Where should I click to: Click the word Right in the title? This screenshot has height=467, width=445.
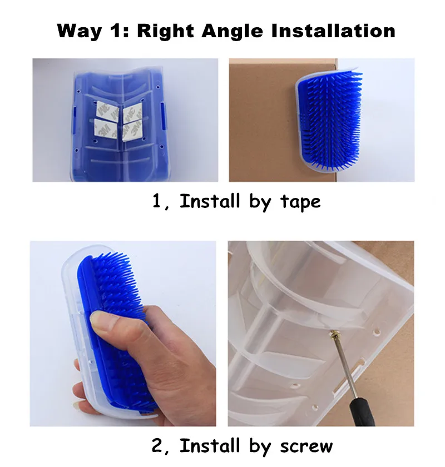165,32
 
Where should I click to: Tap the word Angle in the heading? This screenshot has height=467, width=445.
233,32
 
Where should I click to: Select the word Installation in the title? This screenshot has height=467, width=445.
333,31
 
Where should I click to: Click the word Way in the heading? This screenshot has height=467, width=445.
80,32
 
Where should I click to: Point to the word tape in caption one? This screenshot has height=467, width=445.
300,202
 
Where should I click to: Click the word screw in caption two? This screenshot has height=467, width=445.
306,446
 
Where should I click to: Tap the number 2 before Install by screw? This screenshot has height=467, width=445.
157,446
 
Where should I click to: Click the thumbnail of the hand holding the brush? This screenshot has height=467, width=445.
123,334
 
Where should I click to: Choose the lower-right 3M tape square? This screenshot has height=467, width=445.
132,131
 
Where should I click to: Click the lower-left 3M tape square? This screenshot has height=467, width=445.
105,129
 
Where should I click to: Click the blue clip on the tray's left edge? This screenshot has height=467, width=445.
73,121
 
